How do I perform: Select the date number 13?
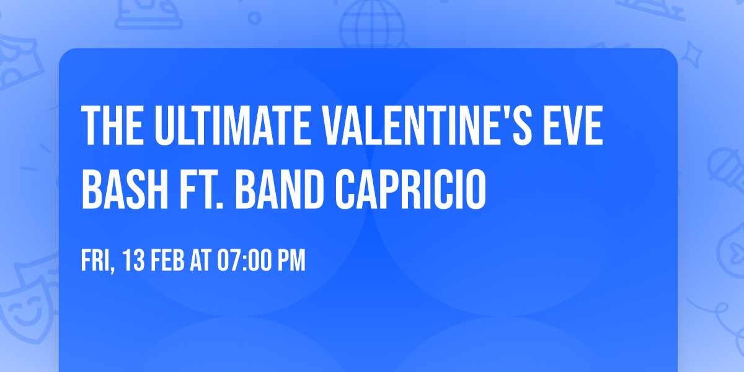coord(134,260)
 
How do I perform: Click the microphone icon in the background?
coord(725,167)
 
